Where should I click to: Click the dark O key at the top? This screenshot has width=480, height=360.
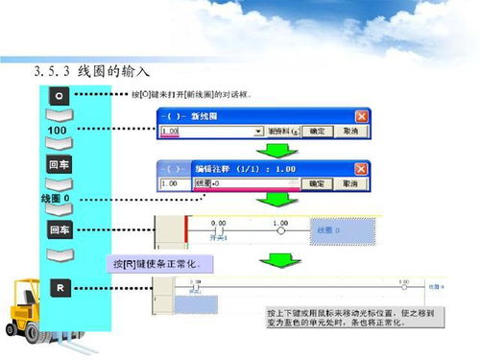coord(59,97)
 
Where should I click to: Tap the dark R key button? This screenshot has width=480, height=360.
coord(59,287)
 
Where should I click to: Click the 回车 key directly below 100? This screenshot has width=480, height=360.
coord(59,165)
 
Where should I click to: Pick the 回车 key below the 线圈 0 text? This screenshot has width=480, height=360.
coord(59,231)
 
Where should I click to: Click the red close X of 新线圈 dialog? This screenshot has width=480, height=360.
coord(361,115)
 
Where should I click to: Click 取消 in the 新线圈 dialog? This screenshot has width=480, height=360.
coord(348,131)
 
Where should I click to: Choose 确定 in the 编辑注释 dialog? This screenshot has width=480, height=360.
coord(315,183)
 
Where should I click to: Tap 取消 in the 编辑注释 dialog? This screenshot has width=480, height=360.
coord(348,183)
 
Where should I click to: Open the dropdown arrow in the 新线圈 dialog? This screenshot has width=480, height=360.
coord(258,131)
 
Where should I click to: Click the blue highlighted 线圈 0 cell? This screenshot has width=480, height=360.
coord(336,231)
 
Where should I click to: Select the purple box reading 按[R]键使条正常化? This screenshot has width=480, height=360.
coord(161,263)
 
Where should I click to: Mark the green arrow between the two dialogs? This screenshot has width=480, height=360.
coord(277,150)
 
